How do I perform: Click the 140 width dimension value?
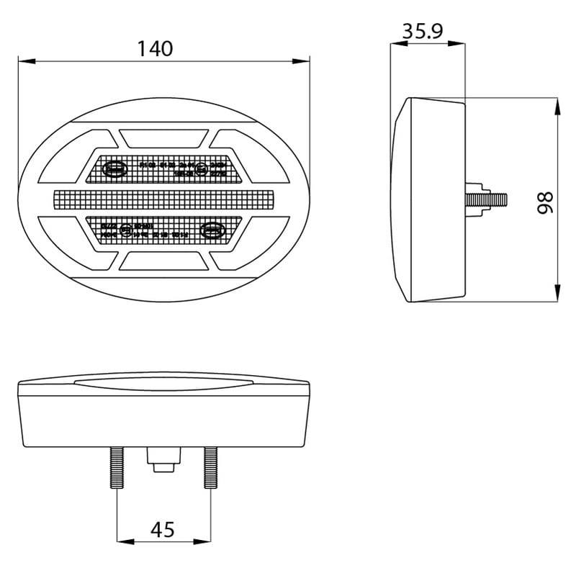pyautogui.click(x=156, y=49)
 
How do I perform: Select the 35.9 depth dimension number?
pyautogui.click(x=423, y=31)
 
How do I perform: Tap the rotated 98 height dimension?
pyautogui.click(x=545, y=202)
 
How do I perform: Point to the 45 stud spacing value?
pyautogui.click(x=163, y=530)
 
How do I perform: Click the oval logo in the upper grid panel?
pyautogui.click(x=115, y=168)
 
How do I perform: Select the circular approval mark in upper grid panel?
pyautogui.click(x=202, y=170)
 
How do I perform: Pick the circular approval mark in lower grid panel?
pyautogui.click(x=126, y=230)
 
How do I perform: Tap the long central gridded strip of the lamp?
pyautogui.click(x=164, y=199)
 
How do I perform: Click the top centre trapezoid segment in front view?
pyautogui.click(x=164, y=136)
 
